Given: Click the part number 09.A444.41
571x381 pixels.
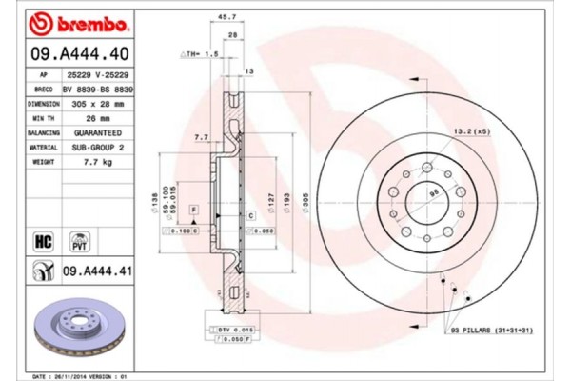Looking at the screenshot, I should tap(99, 272).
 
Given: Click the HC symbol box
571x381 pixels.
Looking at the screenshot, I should tap(43, 241).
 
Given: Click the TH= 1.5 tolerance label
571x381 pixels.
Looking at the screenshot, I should tap(203, 54).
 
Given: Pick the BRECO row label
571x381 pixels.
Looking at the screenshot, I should tap(42, 88).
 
